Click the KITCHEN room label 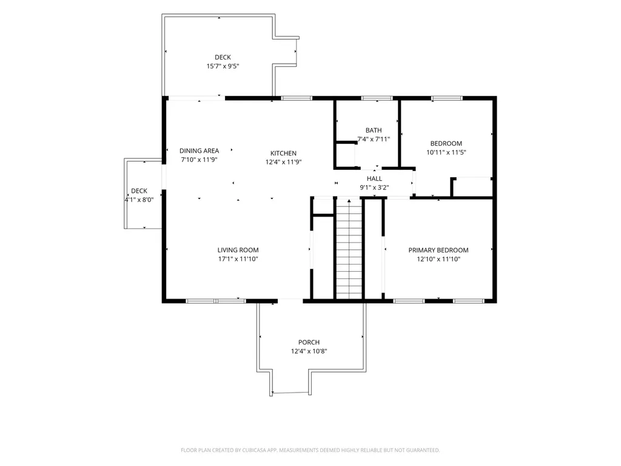283,154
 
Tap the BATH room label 374,130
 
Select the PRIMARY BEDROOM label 438,250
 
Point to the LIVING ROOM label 238,250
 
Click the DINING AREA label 199,150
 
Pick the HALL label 374,179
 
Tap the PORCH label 309,342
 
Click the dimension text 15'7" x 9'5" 223,66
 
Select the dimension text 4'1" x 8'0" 139,200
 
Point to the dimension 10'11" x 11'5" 446,152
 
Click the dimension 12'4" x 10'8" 309,351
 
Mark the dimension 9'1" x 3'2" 374,187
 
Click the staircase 349,249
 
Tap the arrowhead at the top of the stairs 349,201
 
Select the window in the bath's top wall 377,98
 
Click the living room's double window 216,301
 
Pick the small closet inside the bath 346,155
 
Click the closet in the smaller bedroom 472,187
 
